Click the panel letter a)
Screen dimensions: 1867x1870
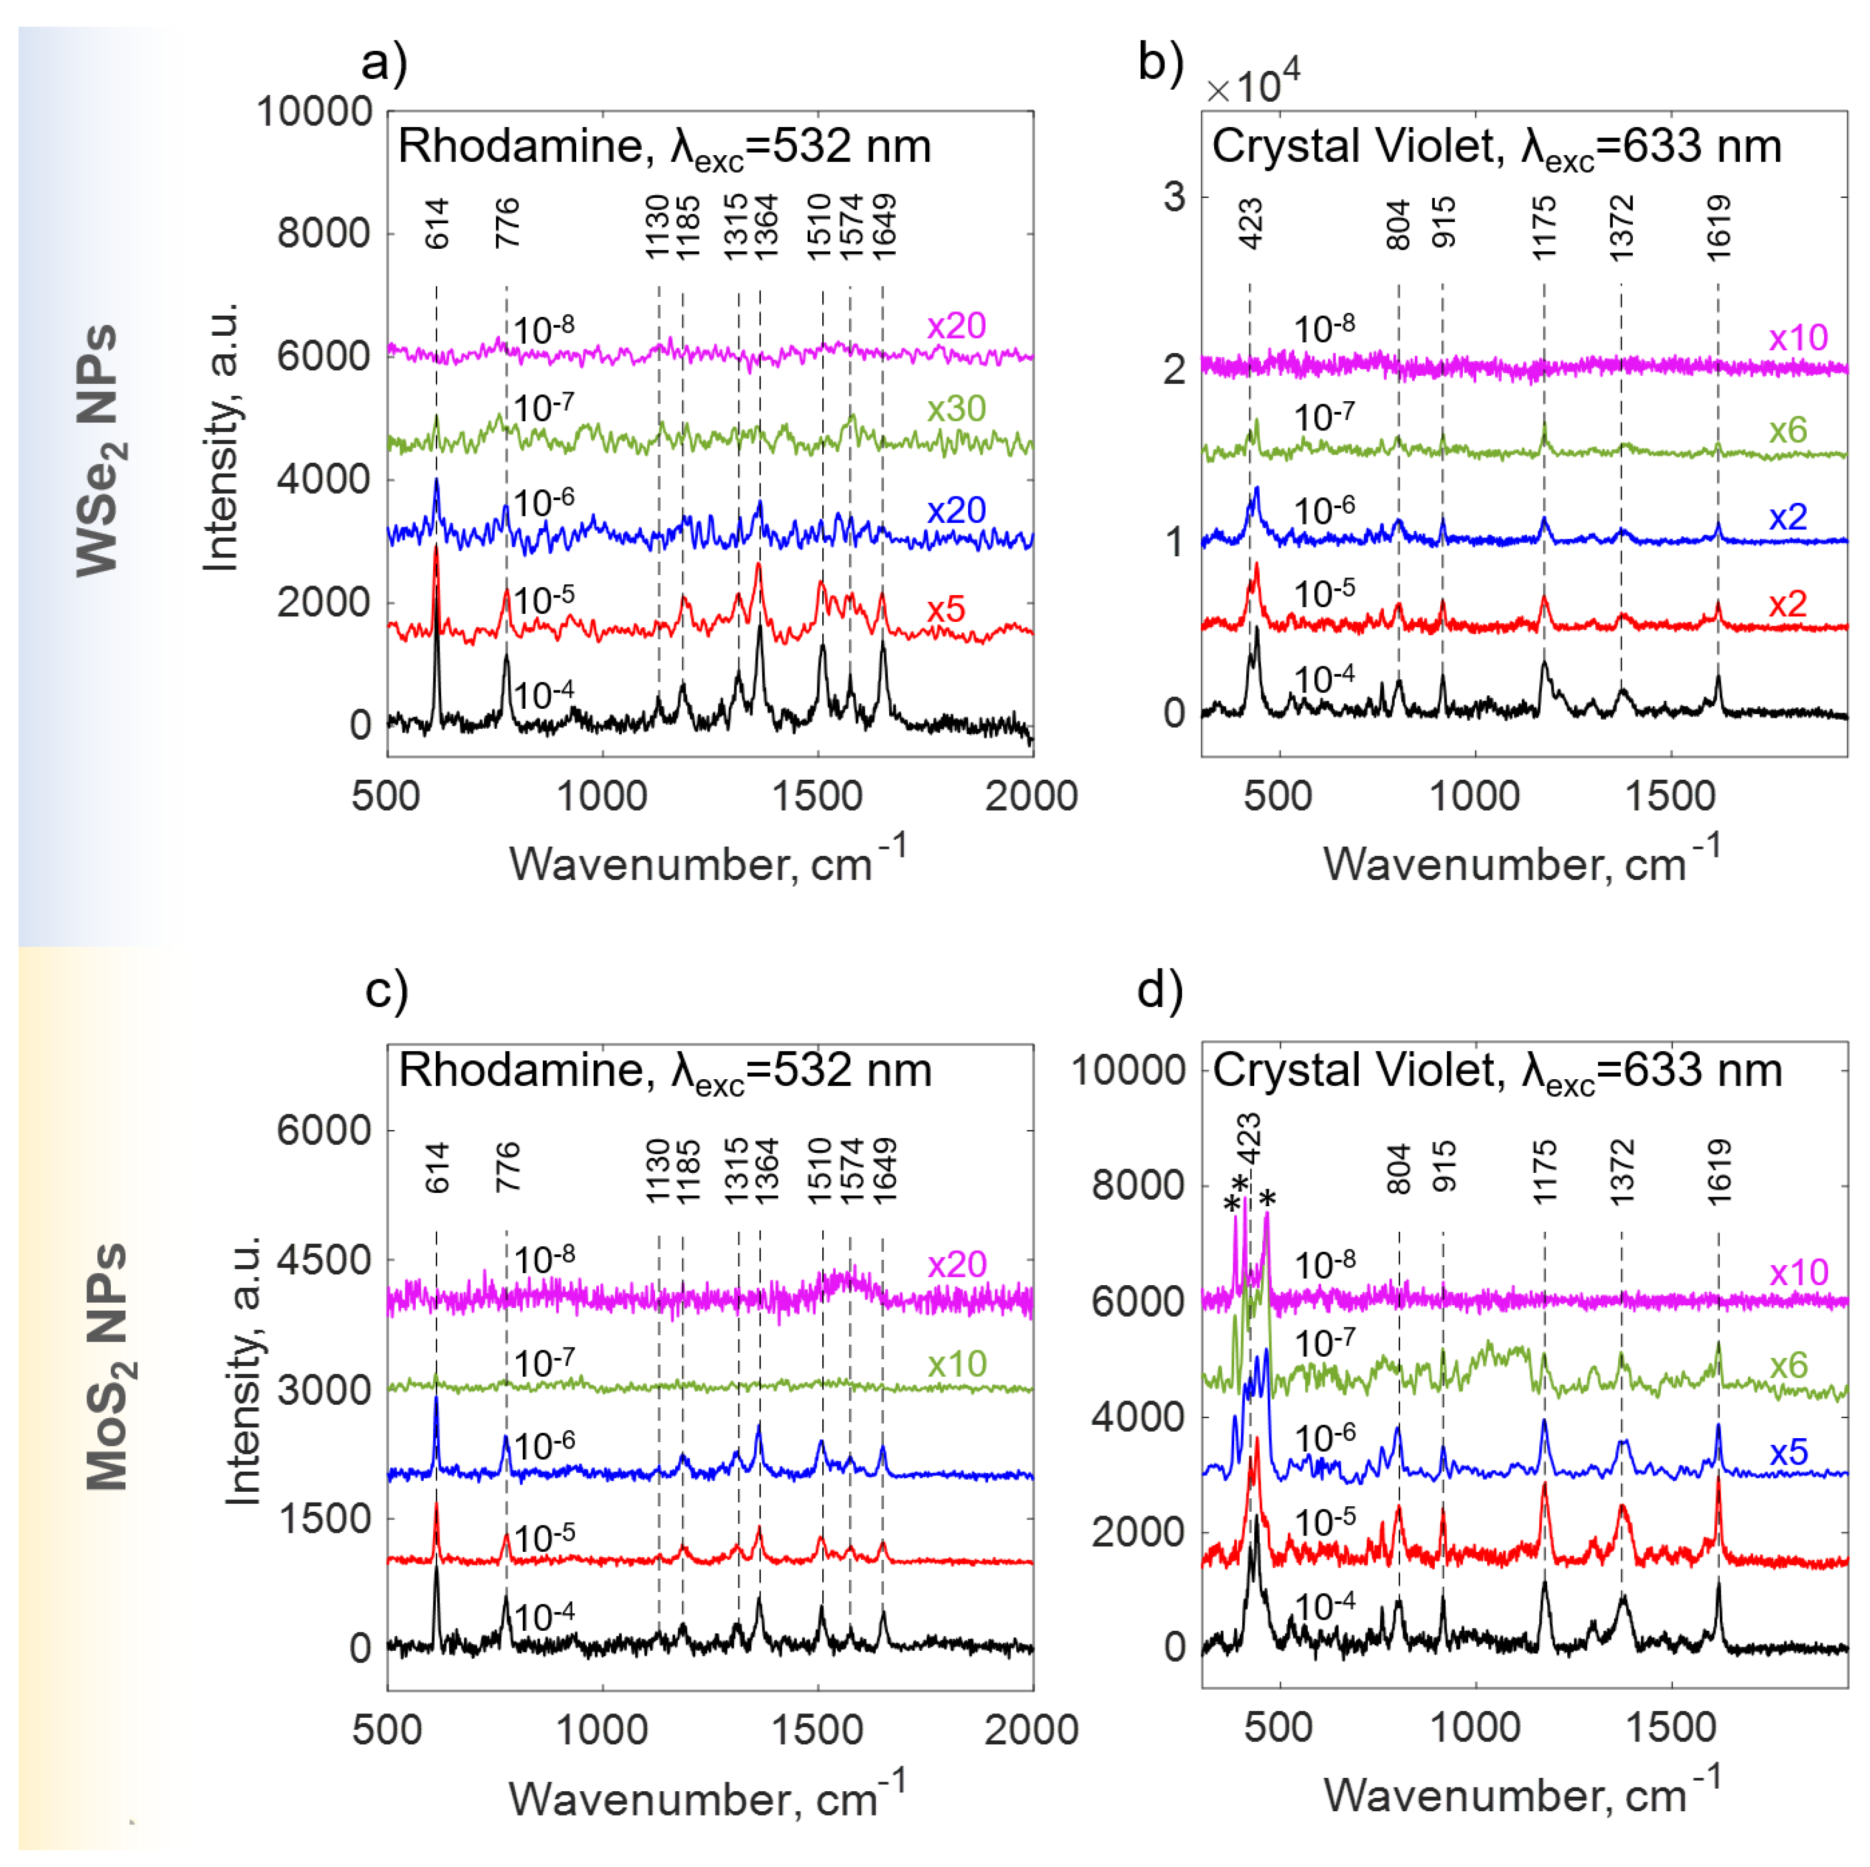[x=384, y=64]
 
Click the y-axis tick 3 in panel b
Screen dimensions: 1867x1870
[x=1174, y=197]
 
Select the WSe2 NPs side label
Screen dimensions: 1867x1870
[x=99, y=450]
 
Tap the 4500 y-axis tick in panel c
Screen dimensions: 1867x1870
[x=323, y=1260]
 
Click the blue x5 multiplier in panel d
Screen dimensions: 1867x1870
[x=1788, y=1452]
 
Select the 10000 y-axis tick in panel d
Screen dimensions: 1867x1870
[x=1128, y=1071]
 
